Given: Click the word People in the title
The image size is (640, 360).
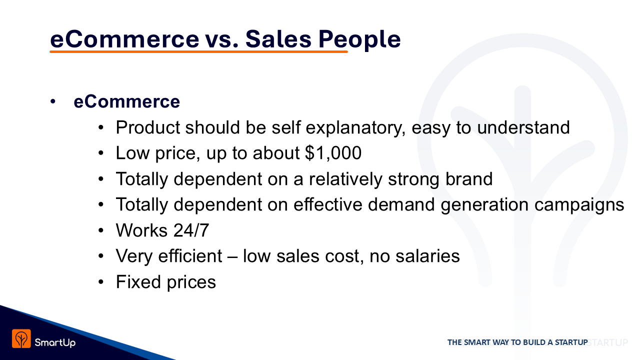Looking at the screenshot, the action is (359, 39).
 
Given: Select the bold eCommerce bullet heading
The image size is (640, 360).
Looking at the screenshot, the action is (127, 101).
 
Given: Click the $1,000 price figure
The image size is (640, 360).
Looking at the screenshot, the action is (333, 153).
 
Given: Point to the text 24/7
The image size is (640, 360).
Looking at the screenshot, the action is (191, 230).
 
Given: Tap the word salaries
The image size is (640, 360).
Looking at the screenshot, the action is (427, 256).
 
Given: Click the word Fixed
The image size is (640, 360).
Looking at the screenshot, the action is (138, 281).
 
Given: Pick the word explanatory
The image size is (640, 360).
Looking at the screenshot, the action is (355, 128).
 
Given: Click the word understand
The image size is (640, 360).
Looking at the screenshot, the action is (523, 127).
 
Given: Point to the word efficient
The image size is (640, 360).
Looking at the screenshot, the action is (190, 255).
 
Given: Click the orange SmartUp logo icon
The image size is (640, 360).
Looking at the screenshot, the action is (21, 338).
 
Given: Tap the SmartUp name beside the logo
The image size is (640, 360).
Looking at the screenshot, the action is (55, 342).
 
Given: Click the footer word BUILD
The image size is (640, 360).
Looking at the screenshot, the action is (534, 342).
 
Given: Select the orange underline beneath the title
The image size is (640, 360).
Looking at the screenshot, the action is (198, 51).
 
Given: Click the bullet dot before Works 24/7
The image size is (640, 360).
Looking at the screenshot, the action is (100, 230).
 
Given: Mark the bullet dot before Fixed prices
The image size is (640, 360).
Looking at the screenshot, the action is (100, 282).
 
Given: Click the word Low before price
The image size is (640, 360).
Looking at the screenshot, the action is (132, 153).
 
